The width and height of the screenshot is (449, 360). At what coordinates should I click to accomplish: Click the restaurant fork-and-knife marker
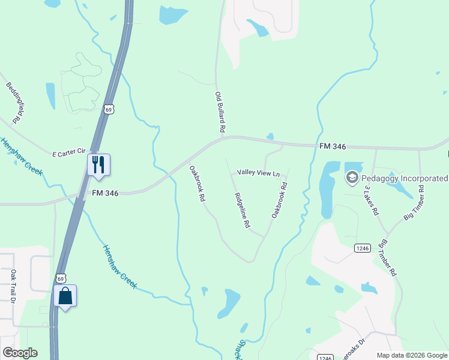(98, 164)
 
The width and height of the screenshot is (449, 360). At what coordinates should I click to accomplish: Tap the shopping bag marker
(65, 296)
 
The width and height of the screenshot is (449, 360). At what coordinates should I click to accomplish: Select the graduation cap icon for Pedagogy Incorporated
(352, 178)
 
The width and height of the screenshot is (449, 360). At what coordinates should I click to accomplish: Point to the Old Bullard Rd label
(220, 112)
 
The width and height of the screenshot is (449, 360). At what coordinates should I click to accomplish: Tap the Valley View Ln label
(259, 173)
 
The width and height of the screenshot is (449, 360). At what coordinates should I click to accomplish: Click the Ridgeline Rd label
(242, 210)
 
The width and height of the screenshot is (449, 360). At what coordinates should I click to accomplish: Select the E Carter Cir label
(70, 152)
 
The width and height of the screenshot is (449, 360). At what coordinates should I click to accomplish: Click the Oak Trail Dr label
(13, 285)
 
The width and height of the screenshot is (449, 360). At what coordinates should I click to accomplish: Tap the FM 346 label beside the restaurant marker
(105, 193)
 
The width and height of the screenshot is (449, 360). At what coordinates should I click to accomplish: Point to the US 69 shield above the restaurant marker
(107, 109)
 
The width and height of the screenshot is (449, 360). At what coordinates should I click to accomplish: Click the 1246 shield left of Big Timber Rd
(361, 248)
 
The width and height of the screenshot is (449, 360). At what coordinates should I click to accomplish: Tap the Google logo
(20, 353)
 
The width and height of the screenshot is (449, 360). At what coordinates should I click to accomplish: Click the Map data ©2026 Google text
(411, 355)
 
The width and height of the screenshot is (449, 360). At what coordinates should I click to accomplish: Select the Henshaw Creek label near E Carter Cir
(22, 156)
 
